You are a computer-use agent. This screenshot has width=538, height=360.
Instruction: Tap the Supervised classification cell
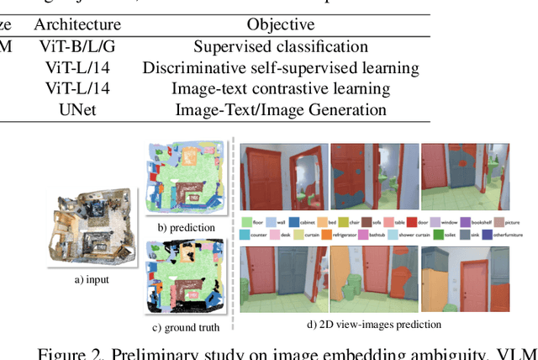click(x=281, y=47)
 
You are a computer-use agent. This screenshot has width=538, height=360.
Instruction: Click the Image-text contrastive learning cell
click(x=281, y=88)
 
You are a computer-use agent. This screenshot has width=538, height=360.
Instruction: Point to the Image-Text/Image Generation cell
click(x=281, y=109)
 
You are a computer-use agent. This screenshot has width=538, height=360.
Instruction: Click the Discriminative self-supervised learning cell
click(x=281, y=68)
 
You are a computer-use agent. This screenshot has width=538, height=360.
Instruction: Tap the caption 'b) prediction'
click(x=186, y=227)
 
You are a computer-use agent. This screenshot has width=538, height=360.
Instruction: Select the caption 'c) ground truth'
click(x=186, y=326)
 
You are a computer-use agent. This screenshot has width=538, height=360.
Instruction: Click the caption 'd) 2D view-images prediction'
click(x=385, y=324)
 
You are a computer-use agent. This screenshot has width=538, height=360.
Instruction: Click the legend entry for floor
click(x=254, y=222)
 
